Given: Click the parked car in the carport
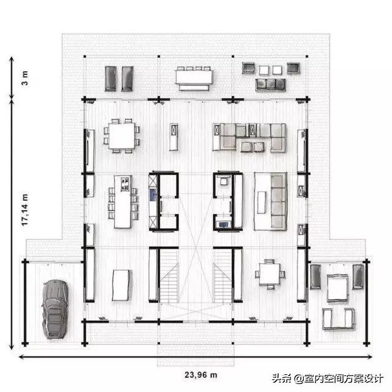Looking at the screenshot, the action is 55,309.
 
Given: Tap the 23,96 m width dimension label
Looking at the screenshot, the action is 201,375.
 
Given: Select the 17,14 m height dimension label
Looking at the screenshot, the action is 24,209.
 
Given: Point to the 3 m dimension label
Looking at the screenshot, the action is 24,78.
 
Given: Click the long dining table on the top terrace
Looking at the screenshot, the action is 194,77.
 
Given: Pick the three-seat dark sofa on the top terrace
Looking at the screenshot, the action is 271,85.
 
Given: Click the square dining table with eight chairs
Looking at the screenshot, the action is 122,136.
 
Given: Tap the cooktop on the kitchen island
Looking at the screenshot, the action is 125,184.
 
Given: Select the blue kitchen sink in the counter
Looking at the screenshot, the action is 153,194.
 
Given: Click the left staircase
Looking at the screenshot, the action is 169,276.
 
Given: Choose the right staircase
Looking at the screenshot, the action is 222,276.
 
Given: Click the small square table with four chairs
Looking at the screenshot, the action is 269,274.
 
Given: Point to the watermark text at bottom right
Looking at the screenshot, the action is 328,379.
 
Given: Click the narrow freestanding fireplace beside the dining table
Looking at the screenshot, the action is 173,137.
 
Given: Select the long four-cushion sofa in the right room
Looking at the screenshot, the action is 279,202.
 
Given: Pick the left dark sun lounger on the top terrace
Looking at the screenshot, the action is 110,78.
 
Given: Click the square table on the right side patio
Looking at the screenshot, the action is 337,288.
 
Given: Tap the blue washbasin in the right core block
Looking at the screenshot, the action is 223,224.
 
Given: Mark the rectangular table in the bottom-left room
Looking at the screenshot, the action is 121,285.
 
